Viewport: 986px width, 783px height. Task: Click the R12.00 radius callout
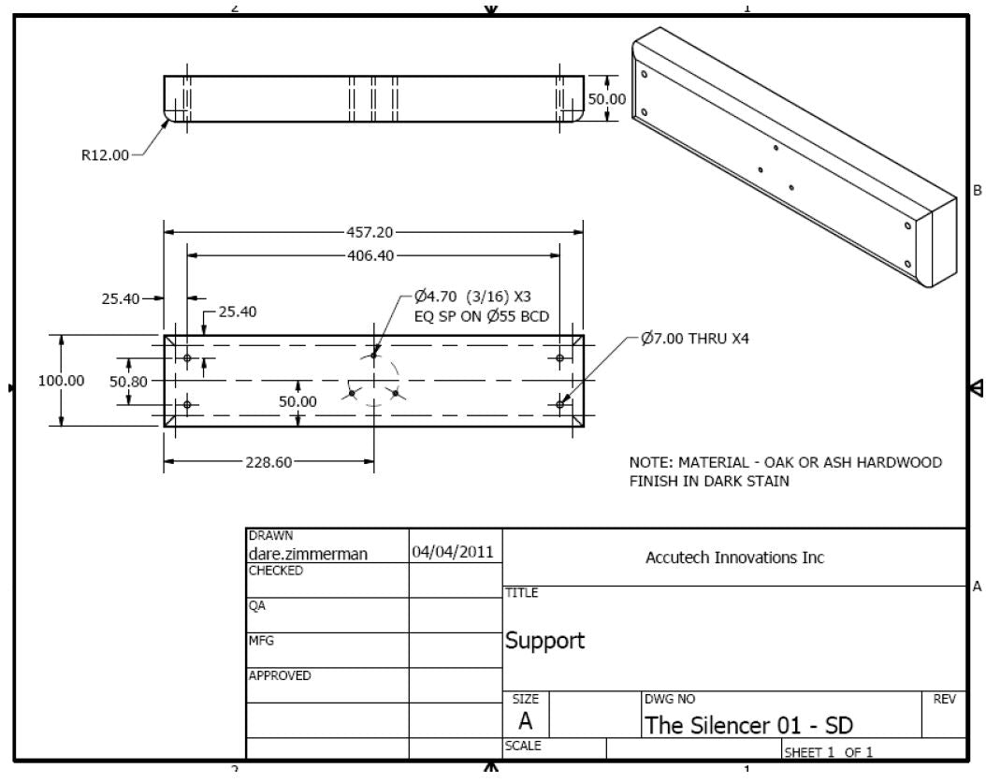[x=105, y=155]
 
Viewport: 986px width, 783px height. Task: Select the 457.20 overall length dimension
[x=372, y=232]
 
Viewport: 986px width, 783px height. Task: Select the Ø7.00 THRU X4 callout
[x=695, y=339]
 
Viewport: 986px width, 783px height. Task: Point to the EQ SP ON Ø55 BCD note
[x=481, y=316]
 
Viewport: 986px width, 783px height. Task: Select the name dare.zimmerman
[x=307, y=553]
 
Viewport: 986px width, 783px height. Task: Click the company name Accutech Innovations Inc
[x=734, y=558]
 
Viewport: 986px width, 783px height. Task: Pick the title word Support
[x=544, y=641]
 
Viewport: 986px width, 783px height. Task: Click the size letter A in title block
[x=526, y=721]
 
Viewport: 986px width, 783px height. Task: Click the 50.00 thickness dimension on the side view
[x=606, y=98]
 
